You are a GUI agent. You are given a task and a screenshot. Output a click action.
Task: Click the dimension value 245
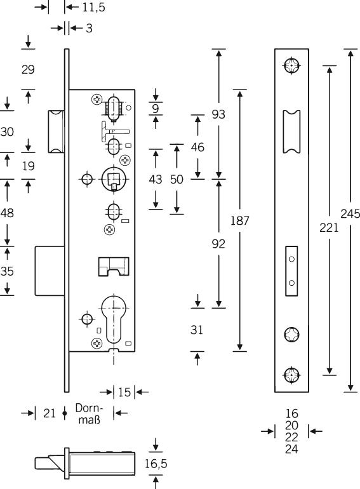click(x=350, y=213)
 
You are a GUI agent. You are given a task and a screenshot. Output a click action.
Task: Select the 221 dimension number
click(x=329, y=228)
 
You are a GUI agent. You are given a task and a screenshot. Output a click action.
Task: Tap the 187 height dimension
click(x=240, y=220)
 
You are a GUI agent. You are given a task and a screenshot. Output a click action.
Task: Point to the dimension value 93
click(x=218, y=114)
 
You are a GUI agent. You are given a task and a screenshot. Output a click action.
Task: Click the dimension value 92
click(x=218, y=244)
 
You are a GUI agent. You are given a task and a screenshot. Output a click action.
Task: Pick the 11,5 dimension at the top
click(x=93, y=8)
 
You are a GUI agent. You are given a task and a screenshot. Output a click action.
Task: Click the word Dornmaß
click(x=89, y=414)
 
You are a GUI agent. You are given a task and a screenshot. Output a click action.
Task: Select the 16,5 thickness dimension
click(x=156, y=464)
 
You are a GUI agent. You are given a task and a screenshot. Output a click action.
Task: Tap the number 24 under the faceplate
click(x=291, y=449)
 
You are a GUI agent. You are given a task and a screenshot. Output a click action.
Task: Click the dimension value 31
click(x=197, y=330)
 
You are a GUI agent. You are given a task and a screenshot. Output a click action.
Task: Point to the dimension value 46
click(x=197, y=147)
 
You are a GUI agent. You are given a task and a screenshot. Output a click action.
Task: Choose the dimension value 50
click(x=177, y=179)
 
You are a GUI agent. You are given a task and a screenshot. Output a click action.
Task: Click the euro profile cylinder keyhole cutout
click(x=114, y=318)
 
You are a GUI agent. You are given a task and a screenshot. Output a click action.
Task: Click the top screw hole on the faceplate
click(x=291, y=66)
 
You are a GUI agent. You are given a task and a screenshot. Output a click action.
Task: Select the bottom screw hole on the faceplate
click(x=291, y=375)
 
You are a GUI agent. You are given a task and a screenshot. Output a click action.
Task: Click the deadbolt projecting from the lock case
click(x=50, y=271)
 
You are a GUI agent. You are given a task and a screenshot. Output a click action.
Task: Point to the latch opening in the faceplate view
click(x=291, y=131)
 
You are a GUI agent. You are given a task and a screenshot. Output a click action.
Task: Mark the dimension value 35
click(x=7, y=271)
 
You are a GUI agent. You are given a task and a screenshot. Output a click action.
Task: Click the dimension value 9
click(x=156, y=109)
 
